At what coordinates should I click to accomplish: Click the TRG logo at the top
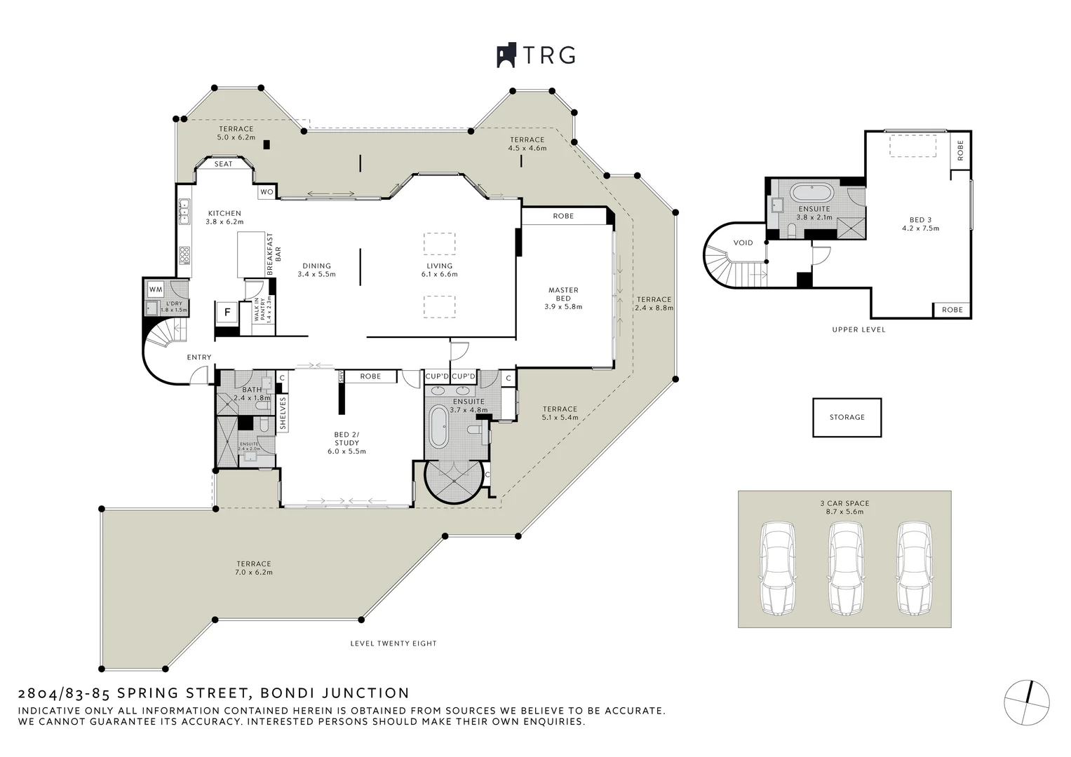pyautogui.click(x=536, y=55)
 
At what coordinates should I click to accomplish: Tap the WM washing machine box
pyautogui.click(x=156, y=289)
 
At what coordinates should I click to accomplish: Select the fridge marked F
pyautogui.click(x=227, y=313)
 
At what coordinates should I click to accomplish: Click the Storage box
pyautogui.click(x=847, y=417)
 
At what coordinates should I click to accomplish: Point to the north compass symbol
pyautogui.click(x=1027, y=702)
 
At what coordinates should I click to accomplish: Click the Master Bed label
pyautogui.click(x=563, y=298)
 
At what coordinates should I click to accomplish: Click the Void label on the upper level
pyautogui.click(x=743, y=243)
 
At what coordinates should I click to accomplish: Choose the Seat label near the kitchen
pyautogui.click(x=223, y=164)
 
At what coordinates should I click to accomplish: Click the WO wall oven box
pyautogui.click(x=267, y=192)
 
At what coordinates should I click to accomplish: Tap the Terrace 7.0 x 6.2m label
pyautogui.click(x=253, y=568)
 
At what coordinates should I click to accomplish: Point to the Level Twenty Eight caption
pyautogui.click(x=393, y=643)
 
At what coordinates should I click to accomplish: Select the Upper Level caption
pyautogui.click(x=858, y=329)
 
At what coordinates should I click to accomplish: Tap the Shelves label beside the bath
pyautogui.click(x=283, y=414)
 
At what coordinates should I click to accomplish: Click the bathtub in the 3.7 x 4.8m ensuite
pyautogui.click(x=439, y=426)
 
